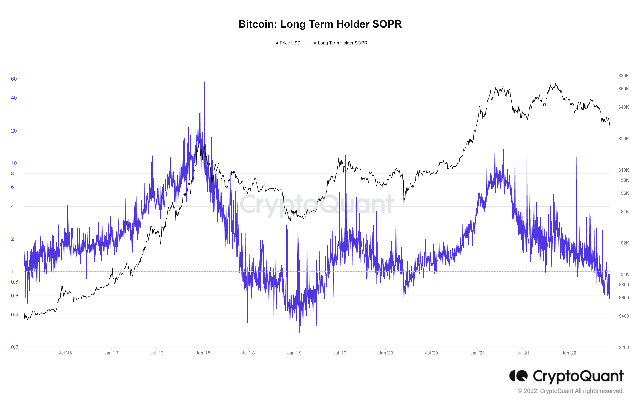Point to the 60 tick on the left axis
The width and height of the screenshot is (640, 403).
14,79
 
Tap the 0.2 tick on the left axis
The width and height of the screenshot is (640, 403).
15,347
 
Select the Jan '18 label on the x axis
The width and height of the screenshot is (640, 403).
203,353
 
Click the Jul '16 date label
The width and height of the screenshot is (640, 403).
65,353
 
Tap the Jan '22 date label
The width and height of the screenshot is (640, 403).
569,353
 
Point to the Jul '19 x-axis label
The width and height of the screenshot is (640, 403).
340,353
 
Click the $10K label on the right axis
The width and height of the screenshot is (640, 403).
624,170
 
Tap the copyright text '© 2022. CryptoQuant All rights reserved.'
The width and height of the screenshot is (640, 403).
570,391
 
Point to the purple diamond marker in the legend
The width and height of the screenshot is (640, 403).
315,43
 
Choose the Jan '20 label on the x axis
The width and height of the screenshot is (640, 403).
386,353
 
